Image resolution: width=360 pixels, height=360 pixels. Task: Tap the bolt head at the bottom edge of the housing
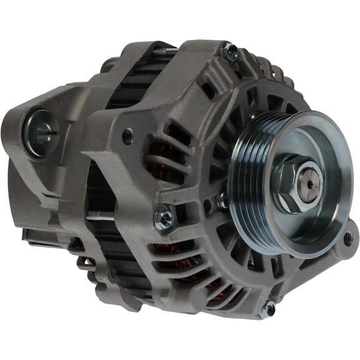pos(270,308)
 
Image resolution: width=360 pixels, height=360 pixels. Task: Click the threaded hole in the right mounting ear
pos(347,238)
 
